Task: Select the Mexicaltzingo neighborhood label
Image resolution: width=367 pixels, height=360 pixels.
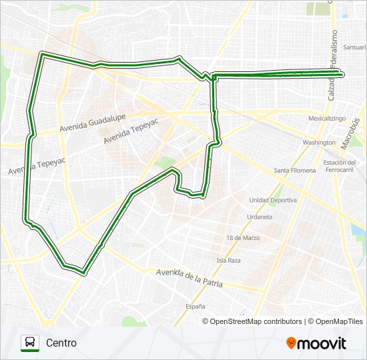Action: (x=326, y=118)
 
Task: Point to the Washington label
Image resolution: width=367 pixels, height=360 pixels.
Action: (x=318, y=143)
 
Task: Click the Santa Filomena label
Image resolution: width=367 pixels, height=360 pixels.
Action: (x=295, y=171)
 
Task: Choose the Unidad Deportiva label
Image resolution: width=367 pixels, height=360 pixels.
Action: (x=273, y=200)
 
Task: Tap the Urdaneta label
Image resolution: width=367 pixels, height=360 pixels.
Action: (x=260, y=217)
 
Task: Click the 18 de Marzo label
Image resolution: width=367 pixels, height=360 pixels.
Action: (x=242, y=238)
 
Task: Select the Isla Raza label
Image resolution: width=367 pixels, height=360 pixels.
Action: (x=228, y=260)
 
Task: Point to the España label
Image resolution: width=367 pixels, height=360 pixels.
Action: (x=195, y=306)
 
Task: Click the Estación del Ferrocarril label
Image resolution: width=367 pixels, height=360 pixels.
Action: (x=338, y=166)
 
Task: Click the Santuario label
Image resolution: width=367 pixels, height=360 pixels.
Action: (x=354, y=47)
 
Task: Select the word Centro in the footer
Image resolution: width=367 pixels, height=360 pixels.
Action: (x=61, y=343)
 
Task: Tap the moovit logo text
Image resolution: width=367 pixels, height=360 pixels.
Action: (x=322, y=343)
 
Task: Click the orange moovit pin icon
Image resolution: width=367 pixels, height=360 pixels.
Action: (x=291, y=343)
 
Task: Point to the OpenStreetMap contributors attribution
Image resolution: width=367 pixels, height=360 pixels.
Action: (x=256, y=321)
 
